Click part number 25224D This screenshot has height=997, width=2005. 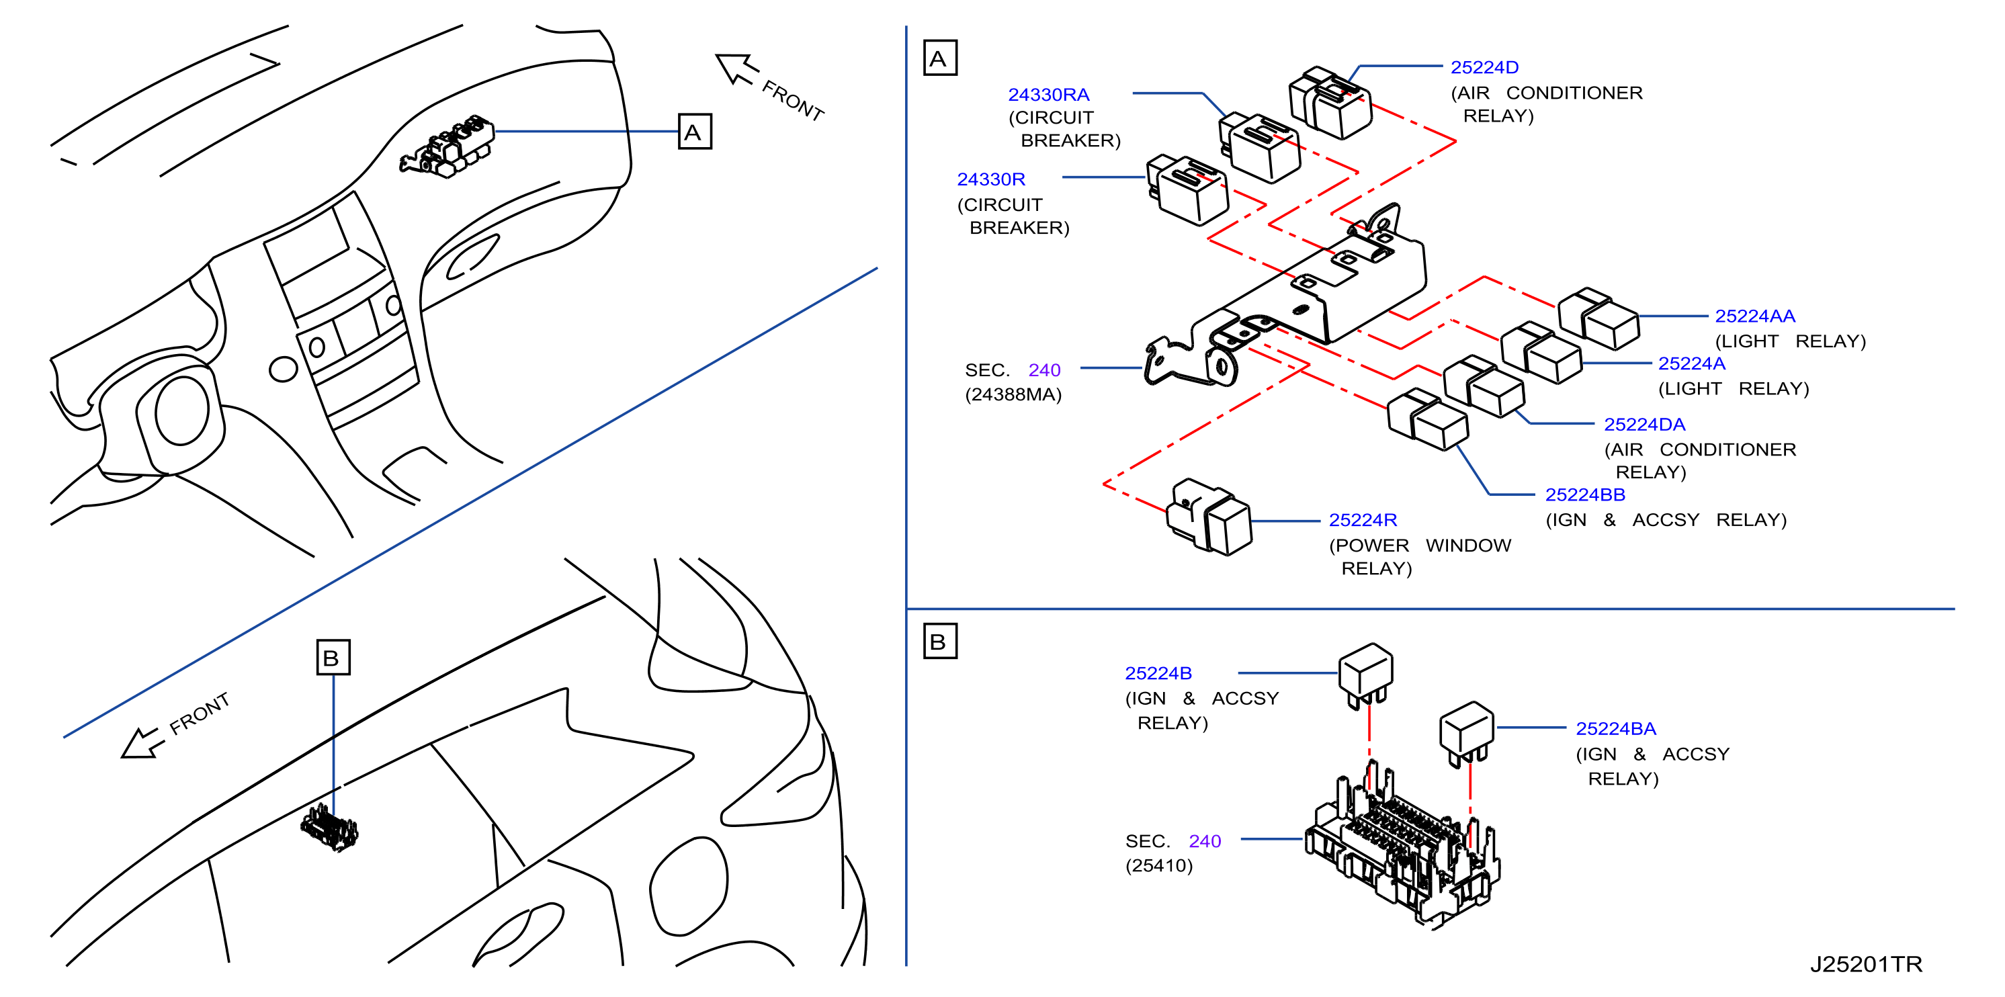pyautogui.click(x=1484, y=68)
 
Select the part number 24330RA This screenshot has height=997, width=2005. pyautogui.click(x=1048, y=95)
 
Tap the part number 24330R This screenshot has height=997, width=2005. pyautogui.click(x=991, y=180)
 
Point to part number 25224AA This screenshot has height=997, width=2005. pyautogui.click(x=1755, y=316)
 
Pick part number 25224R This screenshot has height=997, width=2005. pyautogui.click(x=1363, y=520)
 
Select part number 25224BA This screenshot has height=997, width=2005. pyautogui.click(x=1616, y=728)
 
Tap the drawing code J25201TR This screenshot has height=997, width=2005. pyautogui.click(x=1866, y=964)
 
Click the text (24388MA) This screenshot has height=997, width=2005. pyautogui.click(x=1013, y=394)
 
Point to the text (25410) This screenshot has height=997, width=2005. pyautogui.click(x=1159, y=865)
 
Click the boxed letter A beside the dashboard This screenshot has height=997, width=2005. pyautogui.click(x=694, y=132)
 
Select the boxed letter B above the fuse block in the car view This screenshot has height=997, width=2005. pyautogui.click(x=333, y=658)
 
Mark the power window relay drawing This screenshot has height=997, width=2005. pyautogui.click(x=1209, y=517)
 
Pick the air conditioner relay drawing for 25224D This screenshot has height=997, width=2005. pyautogui.click(x=1330, y=103)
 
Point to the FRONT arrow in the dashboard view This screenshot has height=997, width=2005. pyautogui.click(x=736, y=69)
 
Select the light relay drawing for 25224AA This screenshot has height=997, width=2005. pyautogui.click(x=1598, y=319)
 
